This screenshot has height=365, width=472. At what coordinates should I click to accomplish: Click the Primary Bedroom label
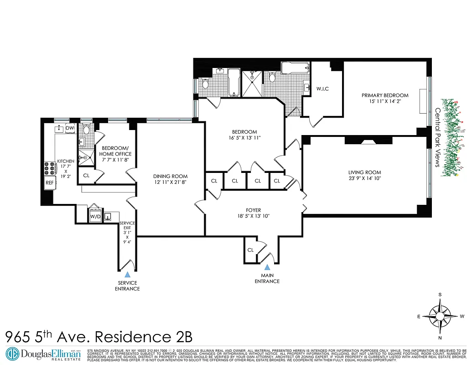click(385, 95)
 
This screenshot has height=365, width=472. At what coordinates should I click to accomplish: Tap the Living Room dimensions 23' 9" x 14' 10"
click(364, 178)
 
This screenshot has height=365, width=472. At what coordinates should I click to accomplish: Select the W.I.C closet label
click(322, 89)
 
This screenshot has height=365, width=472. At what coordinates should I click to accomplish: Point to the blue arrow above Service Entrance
click(128, 274)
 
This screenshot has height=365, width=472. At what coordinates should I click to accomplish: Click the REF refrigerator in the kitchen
click(49, 183)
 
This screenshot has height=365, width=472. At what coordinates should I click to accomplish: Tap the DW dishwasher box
click(70, 129)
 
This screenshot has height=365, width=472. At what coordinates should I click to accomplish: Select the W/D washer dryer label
click(95, 216)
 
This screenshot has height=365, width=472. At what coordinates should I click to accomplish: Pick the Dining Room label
click(170, 176)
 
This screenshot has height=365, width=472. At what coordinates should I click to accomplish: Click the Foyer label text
click(253, 210)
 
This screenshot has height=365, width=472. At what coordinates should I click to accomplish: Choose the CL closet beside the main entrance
click(250, 250)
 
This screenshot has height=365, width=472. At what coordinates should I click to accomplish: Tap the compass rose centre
click(440, 315)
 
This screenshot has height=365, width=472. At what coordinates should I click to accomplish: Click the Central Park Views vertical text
click(437, 137)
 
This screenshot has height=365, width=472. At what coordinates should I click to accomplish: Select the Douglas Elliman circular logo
click(12, 354)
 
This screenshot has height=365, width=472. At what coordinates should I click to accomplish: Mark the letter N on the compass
click(440, 338)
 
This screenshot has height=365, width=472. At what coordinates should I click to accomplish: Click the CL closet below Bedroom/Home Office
click(86, 175)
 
